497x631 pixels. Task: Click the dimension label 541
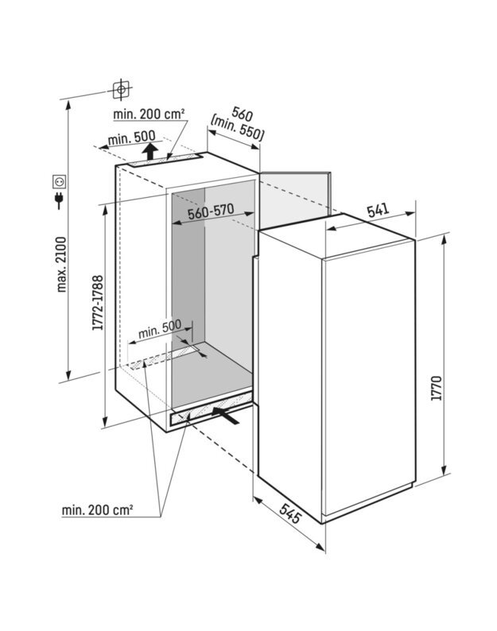click(378, 210)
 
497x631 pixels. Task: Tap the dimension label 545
click(289, 513)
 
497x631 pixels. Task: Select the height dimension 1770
click(437, 388)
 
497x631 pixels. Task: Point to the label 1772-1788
click(98, 303)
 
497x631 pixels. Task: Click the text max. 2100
click(61, 265)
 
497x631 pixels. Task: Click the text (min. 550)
click(237, 127)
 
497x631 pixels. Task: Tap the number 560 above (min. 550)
click(242, 114)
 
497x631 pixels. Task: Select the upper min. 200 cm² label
click(149, 114)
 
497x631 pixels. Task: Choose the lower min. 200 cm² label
click(98, 510)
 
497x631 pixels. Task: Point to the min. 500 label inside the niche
click(160, 329)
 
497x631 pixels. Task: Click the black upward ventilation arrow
click(150, 152)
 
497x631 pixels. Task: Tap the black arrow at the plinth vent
click(226, 416)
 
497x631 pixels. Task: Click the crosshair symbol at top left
click(121, 89)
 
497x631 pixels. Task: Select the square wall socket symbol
click(60, 181)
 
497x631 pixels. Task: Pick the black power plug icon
click(60, 200)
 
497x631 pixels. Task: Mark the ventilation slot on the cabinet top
click(165, 160)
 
